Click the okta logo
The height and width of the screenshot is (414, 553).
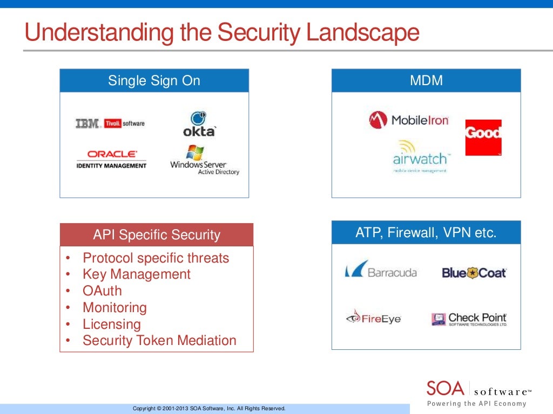[x=199, y=124]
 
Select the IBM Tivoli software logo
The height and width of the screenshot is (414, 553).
[x=110, y=123]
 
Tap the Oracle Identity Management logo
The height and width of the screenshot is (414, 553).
[x=111, y=159]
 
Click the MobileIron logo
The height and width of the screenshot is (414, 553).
[x=409, y=120]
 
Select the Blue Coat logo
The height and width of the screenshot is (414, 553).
[x=474, y=273]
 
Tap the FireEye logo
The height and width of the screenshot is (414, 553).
[x=374, y=318]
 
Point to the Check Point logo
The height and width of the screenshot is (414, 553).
[x=469, y=319]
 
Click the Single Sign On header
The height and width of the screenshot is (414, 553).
[x=154, y=81]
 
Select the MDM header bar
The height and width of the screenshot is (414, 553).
[x=426, y=81]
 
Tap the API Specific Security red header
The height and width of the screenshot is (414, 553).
[x=157, y=235]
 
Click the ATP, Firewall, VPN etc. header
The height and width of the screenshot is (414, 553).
[x=426, y=233]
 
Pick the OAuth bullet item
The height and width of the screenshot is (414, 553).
[x=102, y=291]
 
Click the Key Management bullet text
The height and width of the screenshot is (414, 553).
[x=137, y=274]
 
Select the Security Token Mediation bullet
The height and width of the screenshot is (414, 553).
[x=159, y=341]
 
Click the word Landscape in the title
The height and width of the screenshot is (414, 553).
[x=363, y=33]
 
